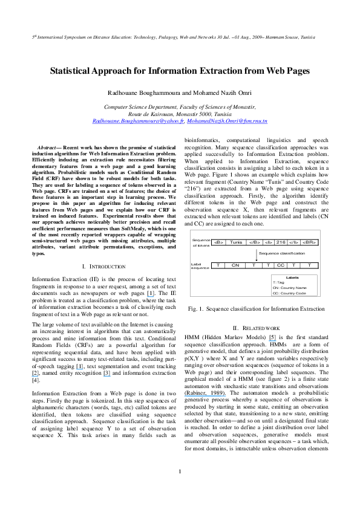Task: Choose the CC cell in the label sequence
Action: coord(280,265)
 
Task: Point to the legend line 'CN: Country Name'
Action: coord(290,288)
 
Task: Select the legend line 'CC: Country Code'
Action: coord(290,293)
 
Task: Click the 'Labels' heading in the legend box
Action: coord(293,277)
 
